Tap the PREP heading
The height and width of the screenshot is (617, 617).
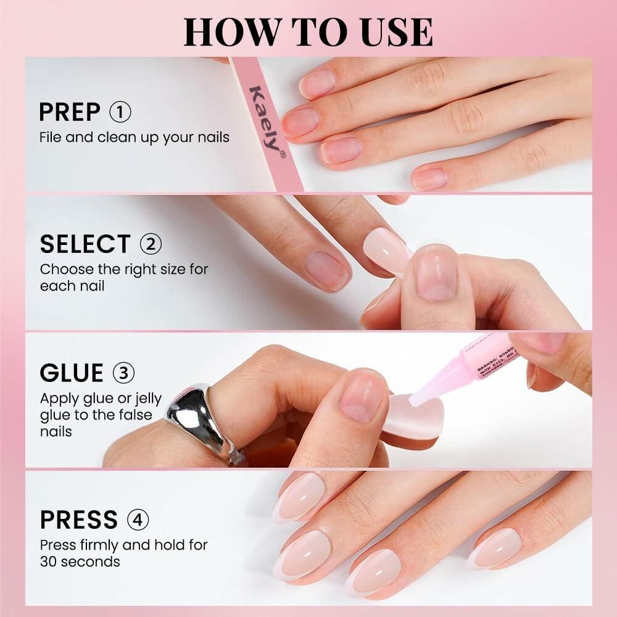pyautogui.click(x=69, y=112)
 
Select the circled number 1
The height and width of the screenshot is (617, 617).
pyautogui.click(x=120, y=112)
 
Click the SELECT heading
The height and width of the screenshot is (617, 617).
pyautogui.click(x=85, y=244)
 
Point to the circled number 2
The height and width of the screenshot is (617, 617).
pyautogui.click(x=151, y=244)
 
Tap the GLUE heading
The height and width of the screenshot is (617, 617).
pyautogui.click(x=71, y=373)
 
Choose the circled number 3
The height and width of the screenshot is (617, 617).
pyautogui.click(x=124, y=373)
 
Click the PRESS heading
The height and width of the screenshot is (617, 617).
pyautogui.click(x=78, y=520)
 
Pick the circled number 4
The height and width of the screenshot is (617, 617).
pyautogui.click(x=138, y=520)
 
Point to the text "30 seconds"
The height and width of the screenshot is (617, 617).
pyautogui.click(x=80, y=561)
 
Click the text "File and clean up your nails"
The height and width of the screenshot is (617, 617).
pyautogui.click(x=134, y=137)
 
